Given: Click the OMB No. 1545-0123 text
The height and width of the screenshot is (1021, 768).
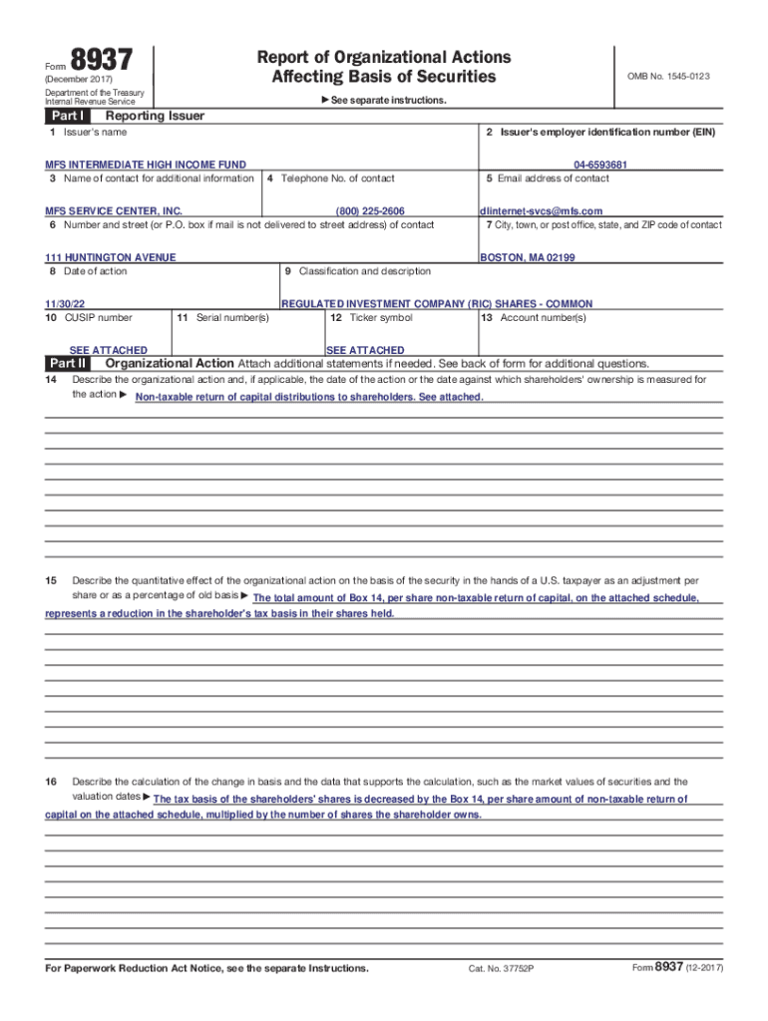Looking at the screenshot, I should tap(667, 76).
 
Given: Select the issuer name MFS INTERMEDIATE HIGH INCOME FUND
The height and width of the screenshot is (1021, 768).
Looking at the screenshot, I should tap(146, 165).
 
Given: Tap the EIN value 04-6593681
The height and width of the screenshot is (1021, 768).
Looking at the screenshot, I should tap(600, 165).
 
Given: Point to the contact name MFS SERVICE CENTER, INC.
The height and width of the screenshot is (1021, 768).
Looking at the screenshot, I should tap(114, 211).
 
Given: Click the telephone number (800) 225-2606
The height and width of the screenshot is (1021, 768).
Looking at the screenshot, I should tap(370, 211).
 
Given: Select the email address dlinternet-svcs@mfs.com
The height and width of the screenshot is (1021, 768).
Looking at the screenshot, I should tap(542, 211).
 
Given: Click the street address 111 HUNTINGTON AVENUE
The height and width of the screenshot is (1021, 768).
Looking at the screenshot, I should tap(111, 257).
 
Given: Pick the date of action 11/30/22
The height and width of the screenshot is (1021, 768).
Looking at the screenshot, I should tap(64, 304).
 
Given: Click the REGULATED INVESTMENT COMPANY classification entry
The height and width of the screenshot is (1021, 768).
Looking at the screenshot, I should tap(437, 304).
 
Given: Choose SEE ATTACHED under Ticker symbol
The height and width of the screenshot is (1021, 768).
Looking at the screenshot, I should tap(365, 350).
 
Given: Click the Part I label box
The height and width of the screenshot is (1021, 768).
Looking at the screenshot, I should tap(66, 116).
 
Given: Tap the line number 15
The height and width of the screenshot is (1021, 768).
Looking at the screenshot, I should tap(51, 580).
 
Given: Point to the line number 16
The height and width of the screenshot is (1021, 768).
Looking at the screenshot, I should tap(51, 782).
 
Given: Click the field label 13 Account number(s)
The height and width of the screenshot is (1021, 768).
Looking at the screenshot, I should tap(534, 318).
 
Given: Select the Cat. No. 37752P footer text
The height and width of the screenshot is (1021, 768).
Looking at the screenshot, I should tap(502, 969).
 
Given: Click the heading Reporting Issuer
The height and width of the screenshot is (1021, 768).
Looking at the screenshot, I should tap(148, 116).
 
